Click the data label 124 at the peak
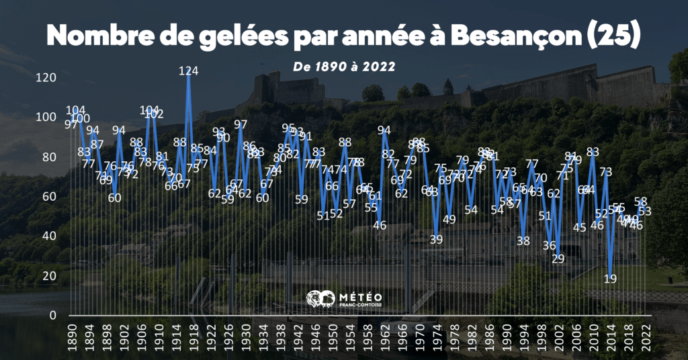(x=189, y=70)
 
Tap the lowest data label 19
(x=610, y=278)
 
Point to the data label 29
(x=558, y=259)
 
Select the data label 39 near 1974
(x=437, y=239)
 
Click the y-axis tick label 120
(x=46, y=77)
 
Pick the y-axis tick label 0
(x=52, y=315)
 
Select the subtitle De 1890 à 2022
(x=343, y=66)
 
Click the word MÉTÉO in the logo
(x=363, y=296)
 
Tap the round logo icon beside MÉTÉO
(x=320, y=300)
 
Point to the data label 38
(x=523, y=240)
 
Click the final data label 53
(x=646, y=211)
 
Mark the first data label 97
(x=71, y=124)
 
